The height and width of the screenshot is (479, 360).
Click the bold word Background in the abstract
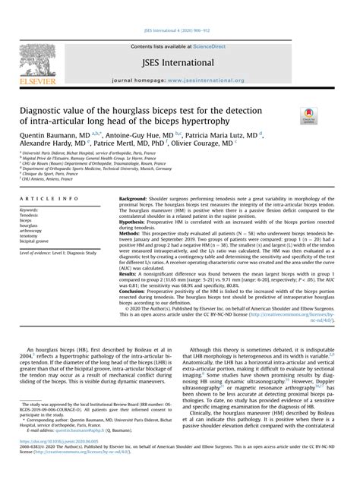click(x=133, y=198)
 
